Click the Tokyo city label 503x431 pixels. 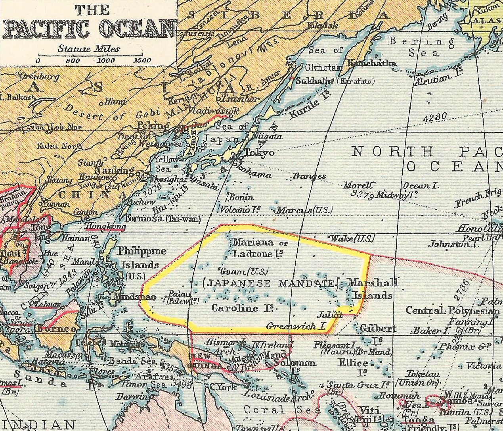tap(259, 153)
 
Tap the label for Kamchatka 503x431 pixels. tap(371, 63)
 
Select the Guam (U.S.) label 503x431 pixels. tap(244, 271)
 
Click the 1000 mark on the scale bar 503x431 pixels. tap(106, 61)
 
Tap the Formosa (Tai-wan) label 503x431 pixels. tap(163, 219)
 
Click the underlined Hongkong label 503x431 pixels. tap(105, 227)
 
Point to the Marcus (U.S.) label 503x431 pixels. tap(304, 210)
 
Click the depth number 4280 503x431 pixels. tap(435, 117)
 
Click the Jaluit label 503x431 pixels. tap(329, 316)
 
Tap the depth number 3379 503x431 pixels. tap(363, 194)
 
